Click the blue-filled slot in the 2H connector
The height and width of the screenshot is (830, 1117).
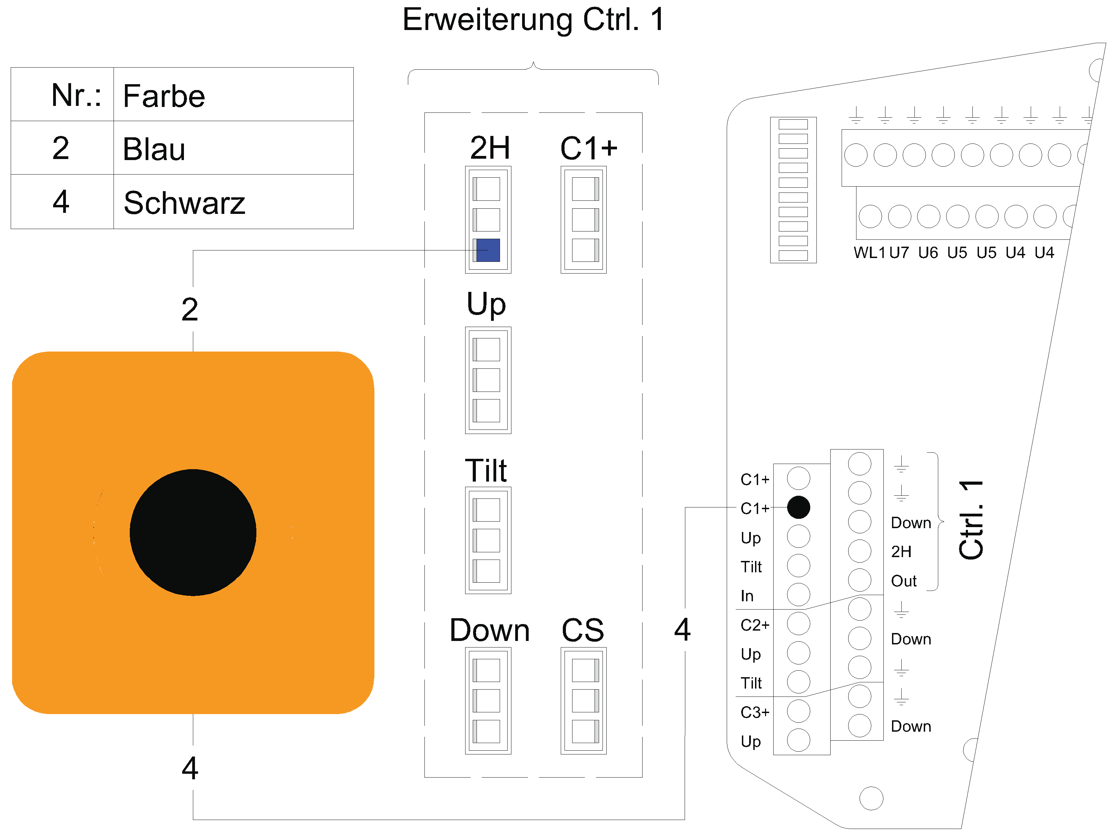pos(487,250)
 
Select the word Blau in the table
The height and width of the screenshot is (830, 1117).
pos(154,149)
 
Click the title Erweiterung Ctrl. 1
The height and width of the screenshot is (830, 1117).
pos(533,20)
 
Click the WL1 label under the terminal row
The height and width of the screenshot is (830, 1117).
pos(869,252)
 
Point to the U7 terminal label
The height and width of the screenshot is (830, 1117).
pos(899,252)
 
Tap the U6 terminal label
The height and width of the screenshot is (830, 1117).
pos(928,252)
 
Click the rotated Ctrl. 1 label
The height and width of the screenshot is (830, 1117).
pos(971,520)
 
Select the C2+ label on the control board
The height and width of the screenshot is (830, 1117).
pos(755,625)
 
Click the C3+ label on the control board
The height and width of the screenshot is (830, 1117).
pos(755,712)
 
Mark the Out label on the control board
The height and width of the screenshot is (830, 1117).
pos(903,581)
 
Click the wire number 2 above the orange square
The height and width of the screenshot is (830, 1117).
pos(190,309)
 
